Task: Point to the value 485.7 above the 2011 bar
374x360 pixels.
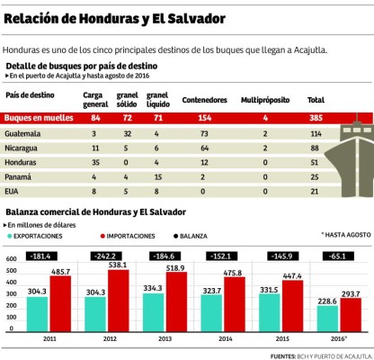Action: pos(60,271)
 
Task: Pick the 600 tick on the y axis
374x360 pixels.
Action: pos(11,258)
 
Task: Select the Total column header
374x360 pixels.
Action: pos(316,99)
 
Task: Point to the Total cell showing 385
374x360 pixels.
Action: pos(316,118)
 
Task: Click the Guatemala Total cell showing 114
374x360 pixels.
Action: pos(316,133)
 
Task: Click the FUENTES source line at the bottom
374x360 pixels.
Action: pos(319,355)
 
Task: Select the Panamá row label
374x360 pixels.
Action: pos(19,176)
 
